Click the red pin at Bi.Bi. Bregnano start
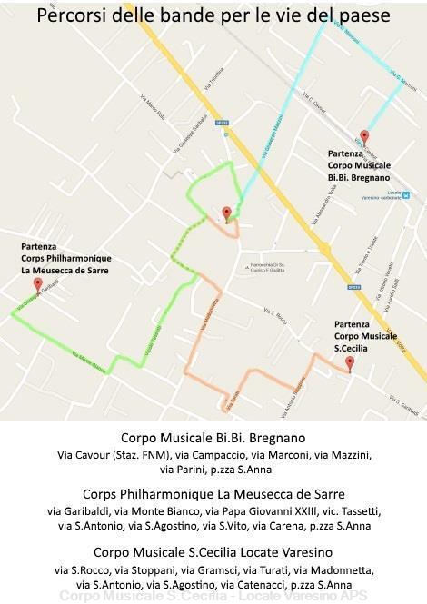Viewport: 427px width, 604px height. point(364,136)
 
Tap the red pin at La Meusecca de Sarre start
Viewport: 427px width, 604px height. point(37,283)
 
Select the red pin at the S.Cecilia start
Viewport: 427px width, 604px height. point(350,363)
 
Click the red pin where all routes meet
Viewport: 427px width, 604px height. point(226,213)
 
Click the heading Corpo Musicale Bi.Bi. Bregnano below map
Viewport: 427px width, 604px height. point(213,438)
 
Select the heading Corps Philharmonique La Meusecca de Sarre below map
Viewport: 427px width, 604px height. point(213,494)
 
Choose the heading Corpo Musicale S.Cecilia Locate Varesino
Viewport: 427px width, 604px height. point(213,552)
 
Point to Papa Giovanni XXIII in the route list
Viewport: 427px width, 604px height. point(250,510)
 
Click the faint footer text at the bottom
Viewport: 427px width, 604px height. point(213,597)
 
